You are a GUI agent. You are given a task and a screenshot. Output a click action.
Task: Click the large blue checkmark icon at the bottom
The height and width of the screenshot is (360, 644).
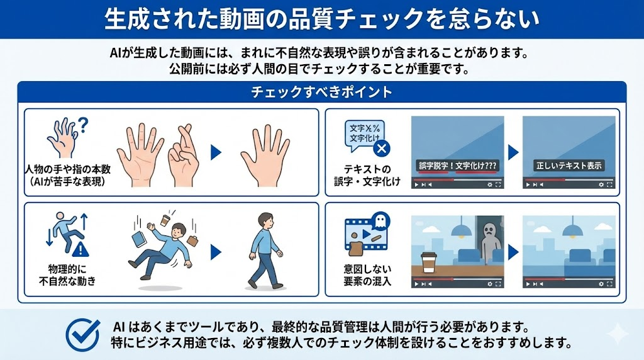82,335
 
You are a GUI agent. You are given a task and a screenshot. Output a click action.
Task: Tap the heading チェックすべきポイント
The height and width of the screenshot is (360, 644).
321,92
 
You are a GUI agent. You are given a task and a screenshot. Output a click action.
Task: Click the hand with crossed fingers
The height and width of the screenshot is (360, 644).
183,157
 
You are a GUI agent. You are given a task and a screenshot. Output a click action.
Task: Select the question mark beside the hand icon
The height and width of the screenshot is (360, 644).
83,125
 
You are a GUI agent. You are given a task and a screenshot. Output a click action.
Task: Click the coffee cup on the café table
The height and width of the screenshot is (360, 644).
428,262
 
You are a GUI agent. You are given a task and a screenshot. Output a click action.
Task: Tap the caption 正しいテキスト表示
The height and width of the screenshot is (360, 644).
569,166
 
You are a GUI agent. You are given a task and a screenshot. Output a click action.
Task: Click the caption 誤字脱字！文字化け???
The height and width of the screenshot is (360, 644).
457,166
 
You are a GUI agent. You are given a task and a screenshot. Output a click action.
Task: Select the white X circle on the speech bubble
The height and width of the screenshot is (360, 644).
381,148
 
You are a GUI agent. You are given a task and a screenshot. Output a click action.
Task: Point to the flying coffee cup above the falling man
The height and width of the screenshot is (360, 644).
165,220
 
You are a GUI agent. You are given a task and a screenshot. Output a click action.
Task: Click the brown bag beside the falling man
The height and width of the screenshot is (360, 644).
192,240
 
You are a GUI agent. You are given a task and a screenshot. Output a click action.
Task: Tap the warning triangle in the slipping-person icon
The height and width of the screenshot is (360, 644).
80,249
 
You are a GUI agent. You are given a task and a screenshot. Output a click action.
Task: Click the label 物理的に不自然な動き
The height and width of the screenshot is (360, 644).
67,275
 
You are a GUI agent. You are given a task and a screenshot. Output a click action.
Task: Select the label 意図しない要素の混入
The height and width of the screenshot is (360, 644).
367,275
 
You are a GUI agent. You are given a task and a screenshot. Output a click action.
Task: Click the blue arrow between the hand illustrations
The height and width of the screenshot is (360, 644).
216,152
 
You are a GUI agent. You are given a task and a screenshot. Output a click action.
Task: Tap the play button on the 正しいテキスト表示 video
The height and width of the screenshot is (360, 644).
528,185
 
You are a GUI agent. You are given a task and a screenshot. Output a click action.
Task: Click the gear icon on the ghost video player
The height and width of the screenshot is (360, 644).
489,284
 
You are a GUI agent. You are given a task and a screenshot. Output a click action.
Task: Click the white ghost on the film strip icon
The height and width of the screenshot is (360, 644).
380,221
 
